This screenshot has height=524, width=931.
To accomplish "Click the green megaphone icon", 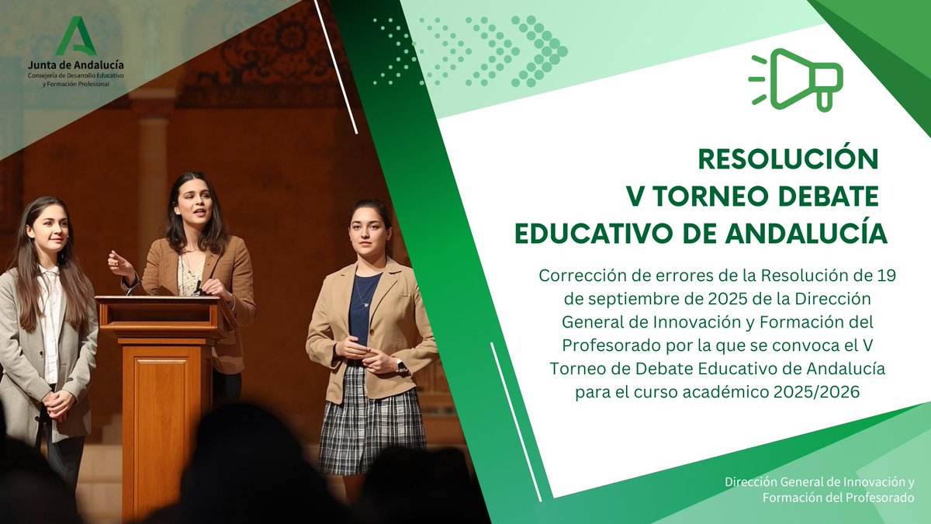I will [797, 78].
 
